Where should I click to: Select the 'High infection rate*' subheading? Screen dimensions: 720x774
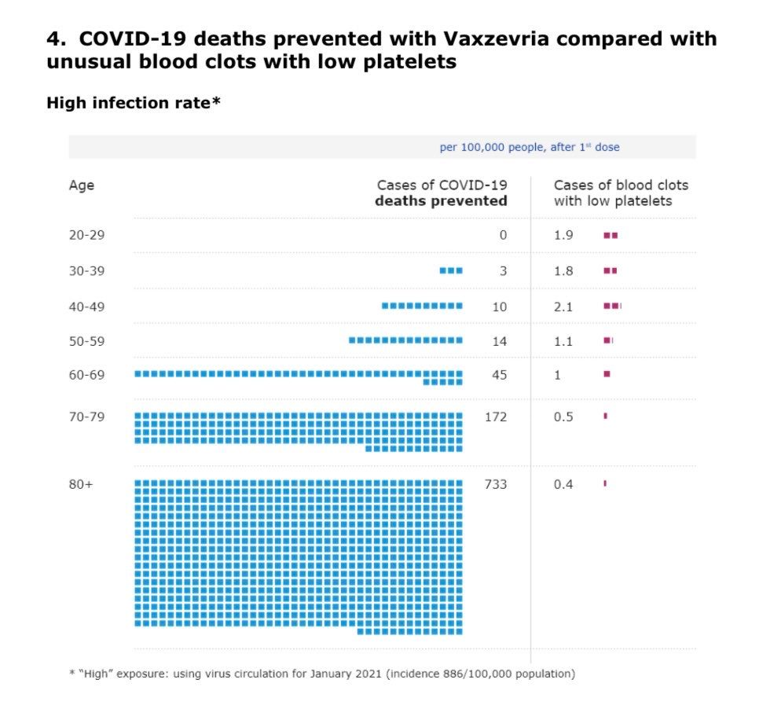coord(133,103)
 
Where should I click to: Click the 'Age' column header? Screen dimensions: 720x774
coord(81,186)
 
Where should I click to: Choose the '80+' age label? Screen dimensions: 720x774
coord(80,484)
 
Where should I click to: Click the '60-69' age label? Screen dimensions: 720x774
coord(86,375)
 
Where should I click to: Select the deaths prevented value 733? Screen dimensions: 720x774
coord(495,484)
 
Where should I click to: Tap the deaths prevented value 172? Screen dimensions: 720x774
coord(495,417)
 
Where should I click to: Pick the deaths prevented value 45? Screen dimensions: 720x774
coord(499,375)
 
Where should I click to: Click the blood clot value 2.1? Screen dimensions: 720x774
coord(563,307)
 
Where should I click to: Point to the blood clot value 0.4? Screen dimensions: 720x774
coord(563,484)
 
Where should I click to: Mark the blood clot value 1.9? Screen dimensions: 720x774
coord(563,235)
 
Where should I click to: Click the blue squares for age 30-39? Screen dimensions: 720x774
coord(451,270)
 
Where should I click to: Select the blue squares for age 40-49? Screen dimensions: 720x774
coord(422,306)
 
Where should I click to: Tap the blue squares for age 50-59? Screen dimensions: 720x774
coord(405,340)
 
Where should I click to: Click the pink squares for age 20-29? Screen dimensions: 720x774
coord(611,235)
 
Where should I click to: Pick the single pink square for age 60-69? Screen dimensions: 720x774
coord(607,374)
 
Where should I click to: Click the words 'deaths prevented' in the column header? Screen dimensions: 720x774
coord(441,201)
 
